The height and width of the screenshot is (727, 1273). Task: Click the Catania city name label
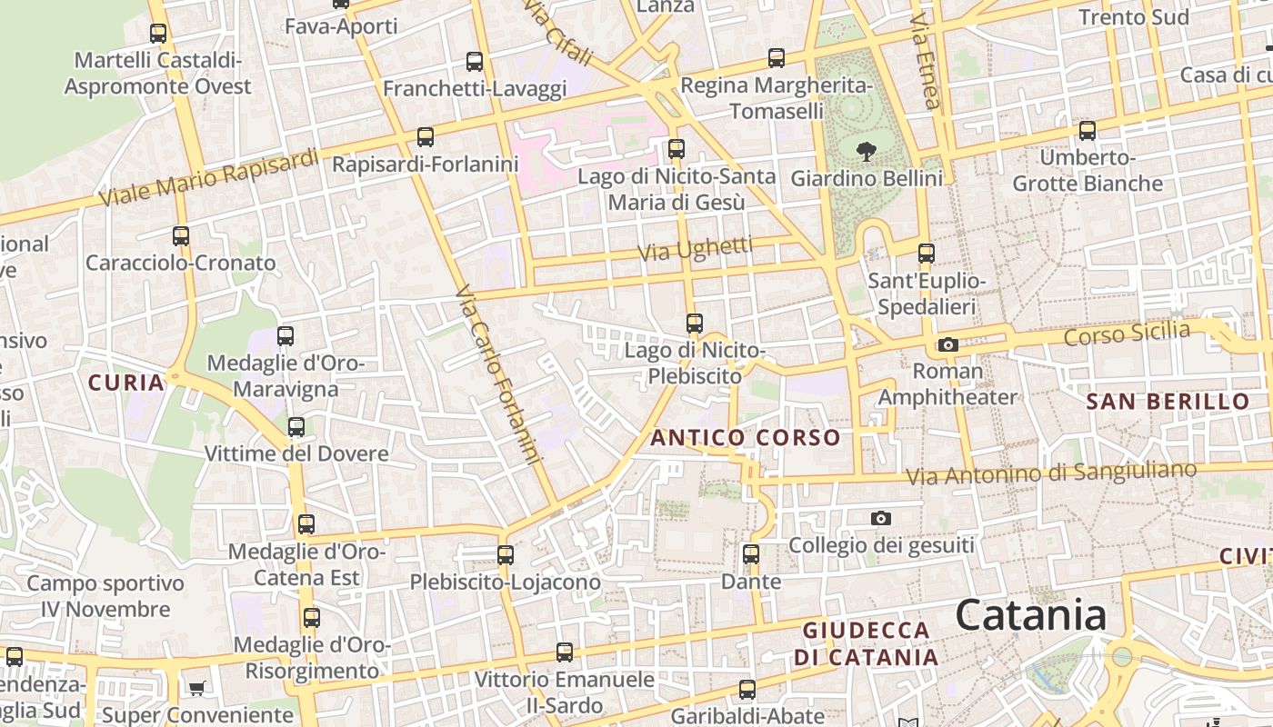pos(1030,615)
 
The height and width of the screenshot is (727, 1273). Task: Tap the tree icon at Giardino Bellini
pos(866,150)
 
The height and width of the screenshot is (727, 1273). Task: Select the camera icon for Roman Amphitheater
pos(947,344)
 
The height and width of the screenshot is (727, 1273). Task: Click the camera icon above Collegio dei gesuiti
pos(880,518)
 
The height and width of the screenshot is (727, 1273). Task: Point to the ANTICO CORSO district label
pos(746,438)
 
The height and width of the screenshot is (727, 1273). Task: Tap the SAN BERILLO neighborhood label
pos(1168,401)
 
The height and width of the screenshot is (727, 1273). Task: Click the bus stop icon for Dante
pos(750,553)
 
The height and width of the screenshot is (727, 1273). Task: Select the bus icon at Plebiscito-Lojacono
pos(505,553)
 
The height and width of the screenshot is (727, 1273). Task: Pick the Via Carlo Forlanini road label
pos(498,374)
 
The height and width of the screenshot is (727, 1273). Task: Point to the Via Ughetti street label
pos(697,249)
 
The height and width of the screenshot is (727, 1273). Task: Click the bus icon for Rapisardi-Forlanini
pos(425,137)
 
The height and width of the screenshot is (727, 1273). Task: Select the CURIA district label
pos(126,383)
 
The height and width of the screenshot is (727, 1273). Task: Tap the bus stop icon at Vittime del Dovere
pos(296,426)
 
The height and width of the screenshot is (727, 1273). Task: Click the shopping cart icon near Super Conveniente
pos(197,688)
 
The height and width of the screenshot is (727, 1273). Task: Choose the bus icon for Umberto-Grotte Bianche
pos(1087,130)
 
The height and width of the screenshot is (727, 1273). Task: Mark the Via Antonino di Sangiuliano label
pos(1051,473)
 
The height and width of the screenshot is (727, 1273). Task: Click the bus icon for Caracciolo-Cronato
pos(181,235)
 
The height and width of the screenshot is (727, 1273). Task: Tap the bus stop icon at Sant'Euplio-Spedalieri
pos(926,253)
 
